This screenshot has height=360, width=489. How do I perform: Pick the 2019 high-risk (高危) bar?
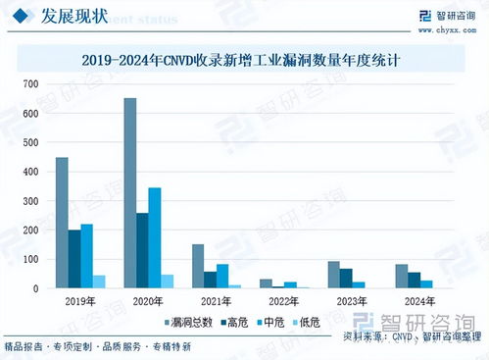(x=73, y=259)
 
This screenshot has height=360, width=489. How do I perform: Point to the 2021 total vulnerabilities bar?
(x=197, y=266)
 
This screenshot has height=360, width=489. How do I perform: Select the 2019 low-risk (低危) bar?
(x=98, y=282)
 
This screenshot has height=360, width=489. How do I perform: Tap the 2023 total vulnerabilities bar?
(x=333, y=275)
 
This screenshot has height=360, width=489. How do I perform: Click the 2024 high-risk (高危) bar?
(x=414, y=280)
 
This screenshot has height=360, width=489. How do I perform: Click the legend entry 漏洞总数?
(x=191, y=321)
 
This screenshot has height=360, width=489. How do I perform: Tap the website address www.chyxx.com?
(x=448, y=28)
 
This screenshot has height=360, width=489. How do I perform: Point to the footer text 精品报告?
(x=24, y=347)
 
